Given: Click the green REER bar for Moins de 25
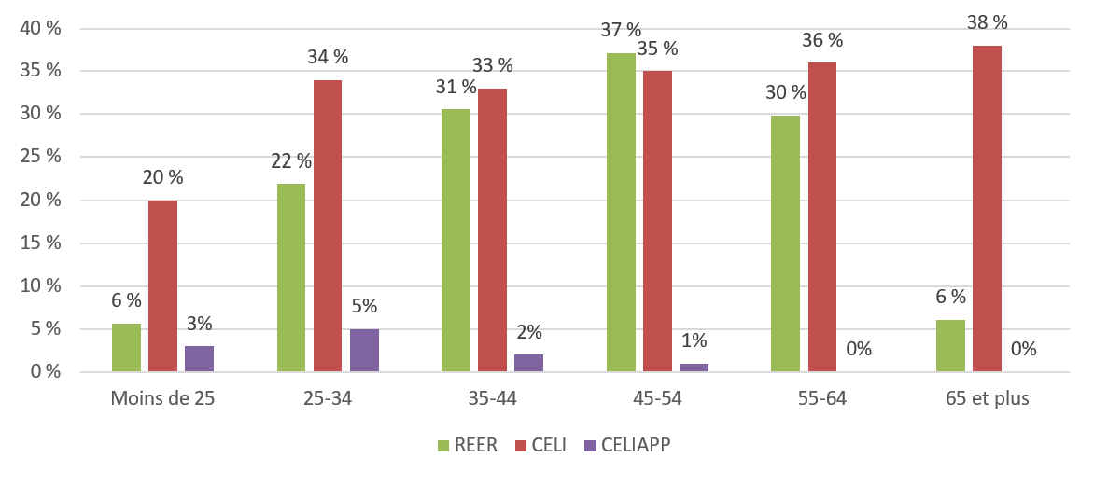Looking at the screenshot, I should click(x=126, y=348).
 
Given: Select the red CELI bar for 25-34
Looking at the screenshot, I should click(x=327, y=227).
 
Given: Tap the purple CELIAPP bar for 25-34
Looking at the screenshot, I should click(x=364, y=351).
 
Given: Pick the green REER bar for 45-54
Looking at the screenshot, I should click(x=621, y=213).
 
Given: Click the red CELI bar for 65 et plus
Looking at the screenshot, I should click(x=987, y=209).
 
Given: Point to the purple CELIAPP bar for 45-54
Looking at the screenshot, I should click(x=694, y=368).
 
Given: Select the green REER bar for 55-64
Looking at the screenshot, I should click(x=785, y=243).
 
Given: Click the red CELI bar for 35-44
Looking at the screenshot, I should click(x=492, y=230).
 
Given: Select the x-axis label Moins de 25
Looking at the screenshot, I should click(x=161, y=399).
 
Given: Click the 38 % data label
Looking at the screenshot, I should click(x=988, y=22).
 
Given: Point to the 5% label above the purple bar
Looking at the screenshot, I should click(x=364, y=306).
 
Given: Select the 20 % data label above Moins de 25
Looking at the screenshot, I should click(x=162, y=176).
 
